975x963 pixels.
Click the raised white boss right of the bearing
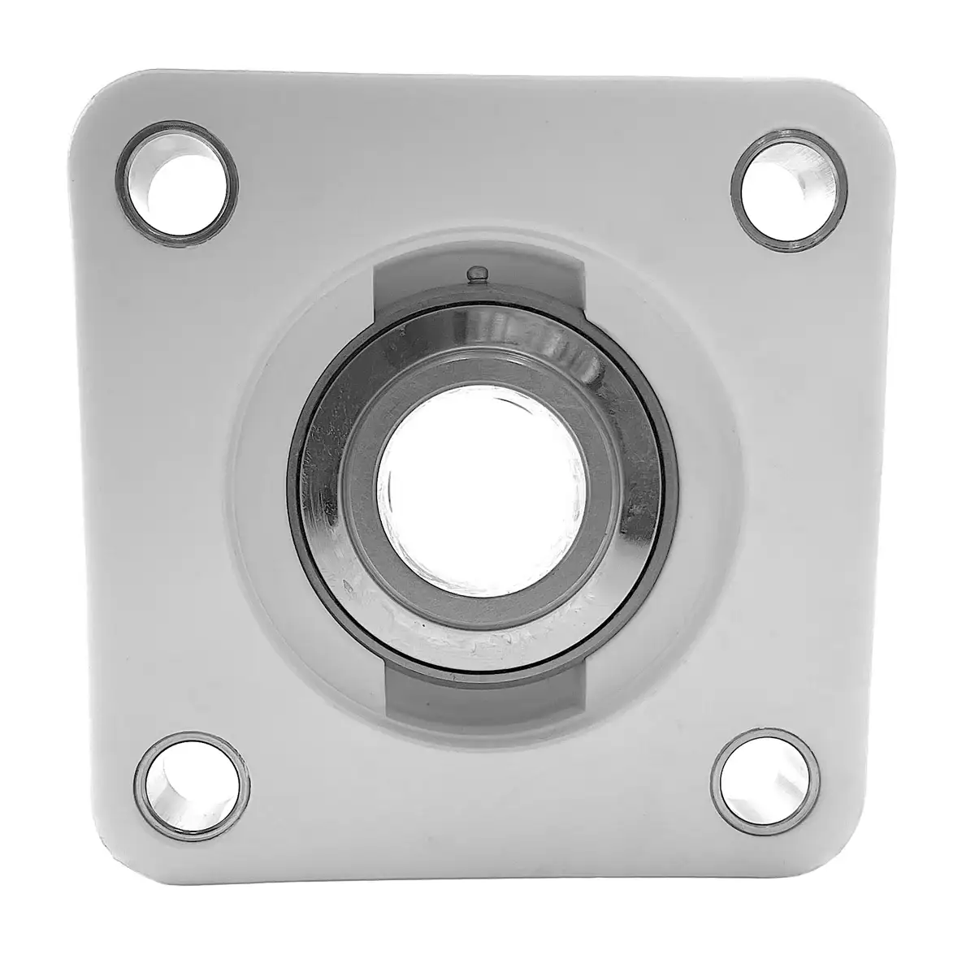(707, 487)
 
